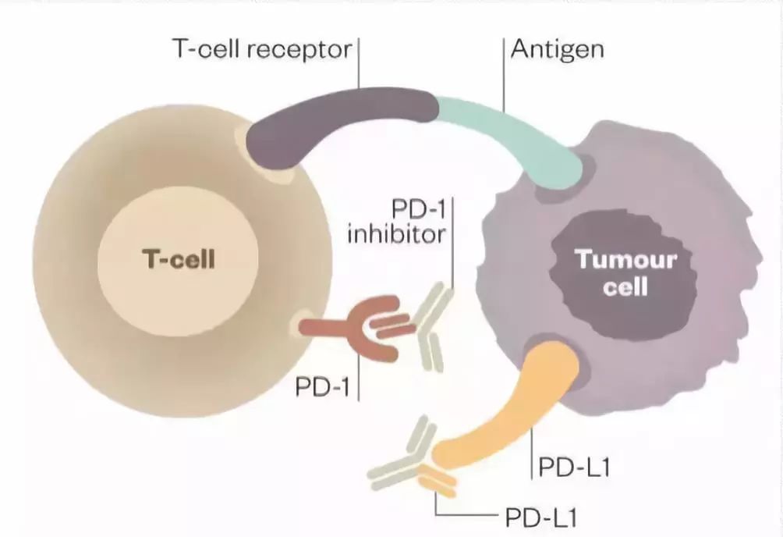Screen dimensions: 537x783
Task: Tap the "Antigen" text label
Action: (x=557, y=50)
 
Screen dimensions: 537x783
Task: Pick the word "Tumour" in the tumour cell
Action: (x=625, y=260)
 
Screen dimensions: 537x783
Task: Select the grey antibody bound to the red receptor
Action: (x=429, y=332)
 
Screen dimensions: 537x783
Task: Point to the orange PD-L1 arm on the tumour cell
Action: (x=515, y=414)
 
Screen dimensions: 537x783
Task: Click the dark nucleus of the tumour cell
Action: (x=616, y=273)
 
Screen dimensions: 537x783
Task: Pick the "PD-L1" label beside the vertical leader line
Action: (x=574, y=468)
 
